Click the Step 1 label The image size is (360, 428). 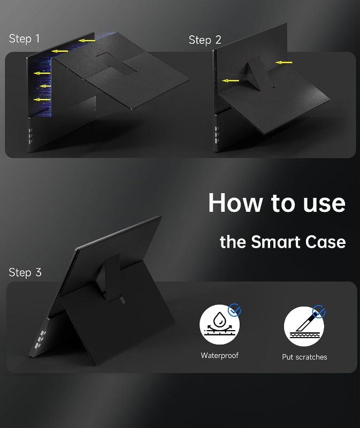click(24, 39)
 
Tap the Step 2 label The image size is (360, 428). click(205, 40)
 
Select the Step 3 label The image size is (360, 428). click(25, 272)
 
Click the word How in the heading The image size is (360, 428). click(235, 203)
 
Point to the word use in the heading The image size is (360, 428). click(324, 204)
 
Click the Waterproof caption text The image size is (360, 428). click(220, 355)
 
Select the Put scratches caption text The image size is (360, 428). click(304, 357)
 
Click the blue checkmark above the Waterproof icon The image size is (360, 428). click(234, 310)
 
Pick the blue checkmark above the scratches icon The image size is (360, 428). click(319, 311)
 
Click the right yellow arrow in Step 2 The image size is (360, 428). click(284, 63)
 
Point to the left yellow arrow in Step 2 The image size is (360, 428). click(231, 81)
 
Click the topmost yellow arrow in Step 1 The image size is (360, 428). click(87, 41)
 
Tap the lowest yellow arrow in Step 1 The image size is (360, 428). click(42, 100)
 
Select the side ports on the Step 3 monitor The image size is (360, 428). click(40, 339)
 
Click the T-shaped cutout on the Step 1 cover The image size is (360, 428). click(117, 63)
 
